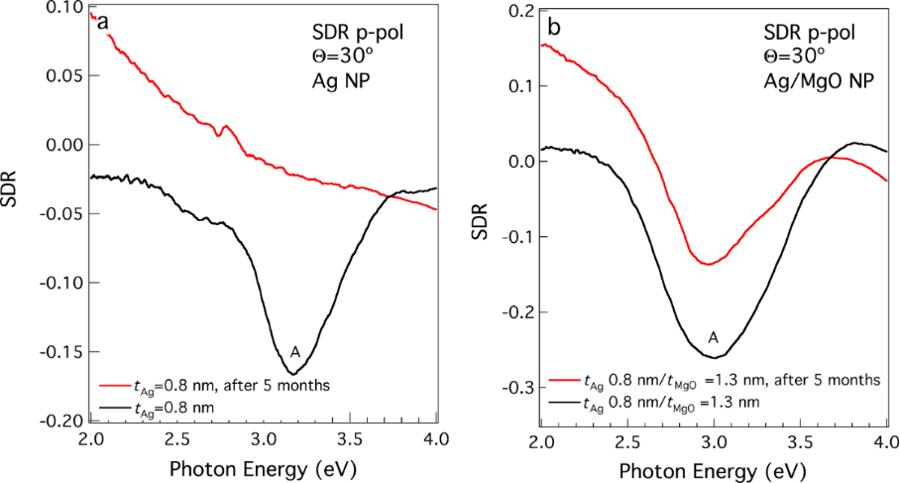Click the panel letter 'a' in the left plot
point(102,22)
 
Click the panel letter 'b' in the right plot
point(554,28)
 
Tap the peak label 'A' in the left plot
point(294,352)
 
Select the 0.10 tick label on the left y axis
point(64,8)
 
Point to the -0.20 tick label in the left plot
point(61,421)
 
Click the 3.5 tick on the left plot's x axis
point(350,438)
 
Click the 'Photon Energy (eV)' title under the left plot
point(264,466)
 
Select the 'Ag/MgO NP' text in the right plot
point(820,81)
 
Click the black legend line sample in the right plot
point(564,402)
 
